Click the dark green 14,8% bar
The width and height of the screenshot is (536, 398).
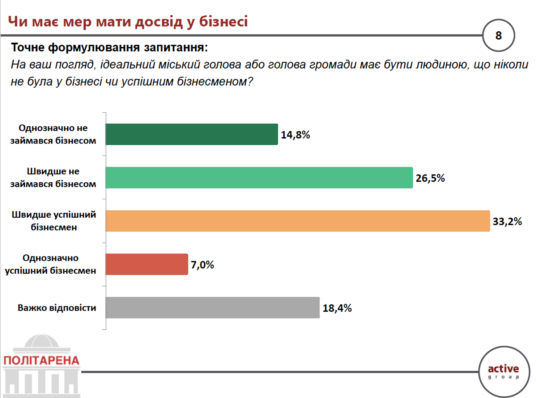pyautogui.click(x=192, y=134)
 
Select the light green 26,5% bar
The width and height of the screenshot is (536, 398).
pyautogui.click(x=259, y=178)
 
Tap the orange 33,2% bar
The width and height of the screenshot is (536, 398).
pyautogui.click(x=298, y=221)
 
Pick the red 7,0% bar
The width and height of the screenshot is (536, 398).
pyautogui.click(x=147, y=264)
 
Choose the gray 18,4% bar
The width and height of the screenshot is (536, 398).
pyautogui.click(x=213, y=307)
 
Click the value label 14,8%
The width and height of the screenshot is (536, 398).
pyautogui.click(x=295, y=135)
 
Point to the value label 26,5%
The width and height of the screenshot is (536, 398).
pyautogui.click(x=430, y=178)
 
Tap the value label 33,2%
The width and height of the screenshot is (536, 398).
pyautogui.click(x=507, y=221)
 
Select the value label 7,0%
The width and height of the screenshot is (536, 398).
pyautogui.click(x=202, y=265)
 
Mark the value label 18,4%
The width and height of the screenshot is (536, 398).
pyautogui.click(x=337, y=308)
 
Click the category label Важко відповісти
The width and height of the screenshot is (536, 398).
pyautogui.click(x=57, y=308)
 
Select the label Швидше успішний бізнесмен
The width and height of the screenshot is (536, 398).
pyautogui.click(x=54, y=221)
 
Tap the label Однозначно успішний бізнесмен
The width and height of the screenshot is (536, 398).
pyautogui.click(x=51, y=264)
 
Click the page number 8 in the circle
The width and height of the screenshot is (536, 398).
pyautogui.click(x=498, y=35)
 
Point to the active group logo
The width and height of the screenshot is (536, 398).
pyautogui.click(x=503, y=372)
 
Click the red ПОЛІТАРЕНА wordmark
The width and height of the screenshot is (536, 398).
pyautogui.click(x=42, y=360)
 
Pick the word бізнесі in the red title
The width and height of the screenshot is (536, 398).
pyautogui.click(x=224, y=21)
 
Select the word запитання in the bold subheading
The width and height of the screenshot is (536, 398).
pyautogui.click(x=176, y=47)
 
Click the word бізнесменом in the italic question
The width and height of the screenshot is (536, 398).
pyautogui.click(x=215, y=81)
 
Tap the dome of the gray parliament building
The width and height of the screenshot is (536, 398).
pyautogui.click(x=42, y=341)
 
